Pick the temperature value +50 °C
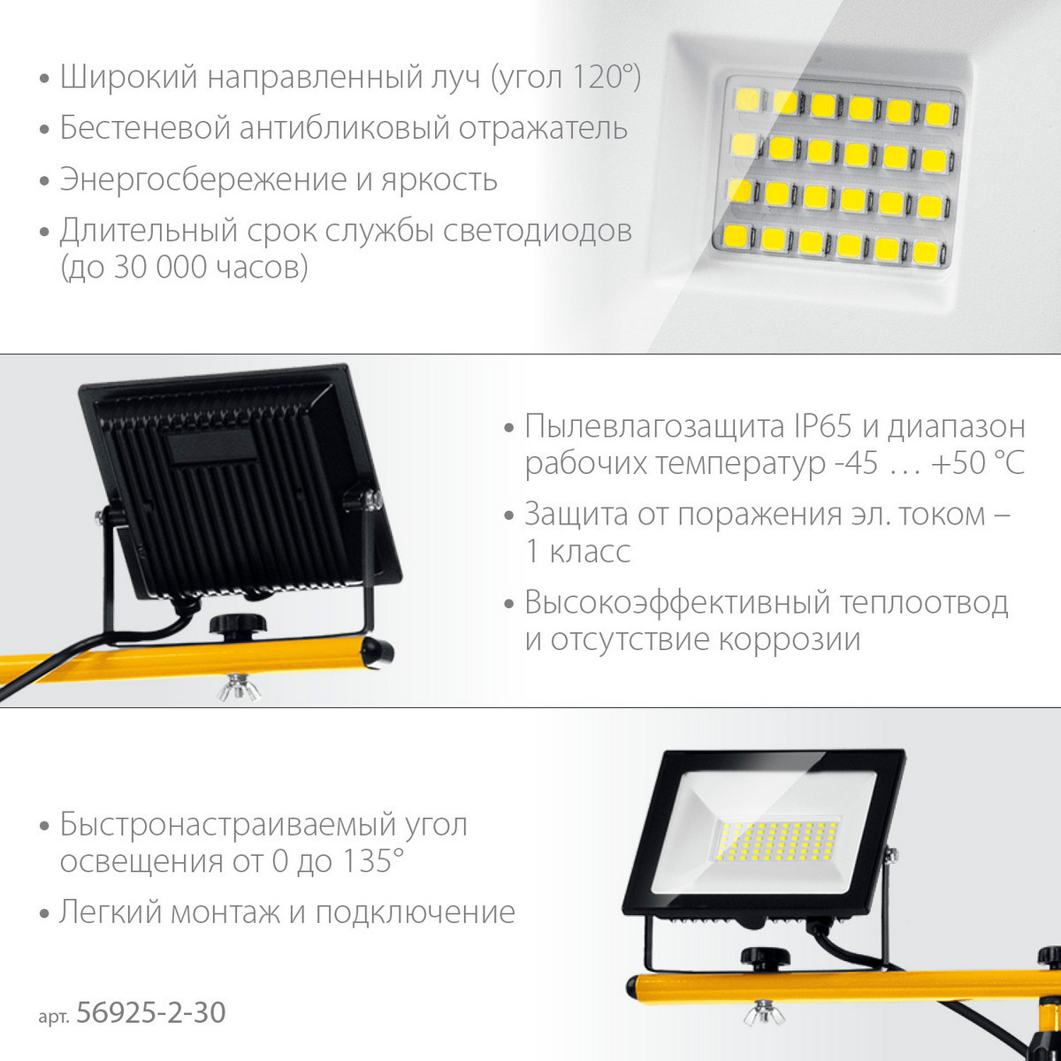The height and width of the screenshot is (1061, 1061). (x=977, y=462)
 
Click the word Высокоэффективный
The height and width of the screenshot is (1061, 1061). (x=677, y=604)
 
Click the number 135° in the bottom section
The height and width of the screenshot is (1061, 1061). (x=373, y=861)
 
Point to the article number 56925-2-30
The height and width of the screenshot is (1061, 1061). (x=151, y=1012)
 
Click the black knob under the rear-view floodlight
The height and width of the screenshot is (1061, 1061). (x=238, y=627)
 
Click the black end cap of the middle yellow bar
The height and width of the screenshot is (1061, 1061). (x=380, y=653)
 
